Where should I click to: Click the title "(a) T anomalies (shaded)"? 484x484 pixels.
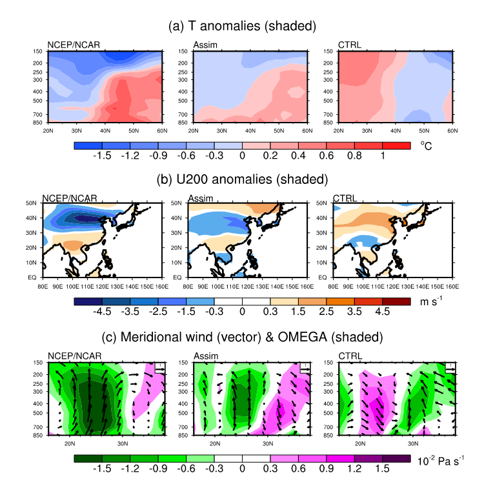tap(241, 26)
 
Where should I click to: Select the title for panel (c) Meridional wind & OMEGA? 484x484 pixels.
tap(241, 336)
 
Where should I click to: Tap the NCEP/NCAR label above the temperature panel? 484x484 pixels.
tap(70, 45)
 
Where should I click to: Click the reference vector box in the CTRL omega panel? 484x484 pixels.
tap(449, 367)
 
